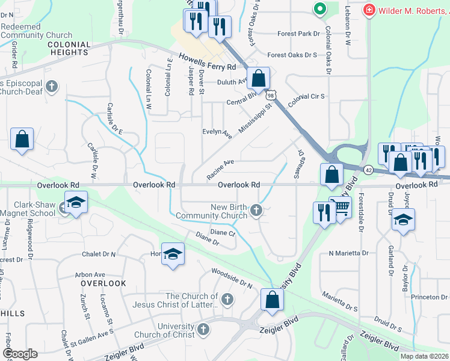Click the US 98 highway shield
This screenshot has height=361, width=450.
[x=271, y=95]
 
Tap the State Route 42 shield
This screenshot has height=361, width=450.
[x=368, y=170]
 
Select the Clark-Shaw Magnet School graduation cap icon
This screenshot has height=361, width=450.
[x=76, y=203]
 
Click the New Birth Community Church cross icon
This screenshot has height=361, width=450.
[x=257, y=210]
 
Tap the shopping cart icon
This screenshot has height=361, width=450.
[x=342, y=208]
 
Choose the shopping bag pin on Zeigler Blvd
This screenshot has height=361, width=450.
[x=272, y=299]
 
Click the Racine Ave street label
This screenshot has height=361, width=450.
[x=220, y=169]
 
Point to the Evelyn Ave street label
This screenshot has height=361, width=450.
[x=217, y=132]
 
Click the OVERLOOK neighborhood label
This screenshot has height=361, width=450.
[x=103, y=283]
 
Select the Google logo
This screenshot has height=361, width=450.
[x=20, y=353]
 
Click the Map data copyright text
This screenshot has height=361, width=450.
[x=424, y=356]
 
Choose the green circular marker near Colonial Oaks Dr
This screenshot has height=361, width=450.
[x=319, y=9]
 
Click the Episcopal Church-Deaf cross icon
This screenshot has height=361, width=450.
[x=52, y=86]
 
